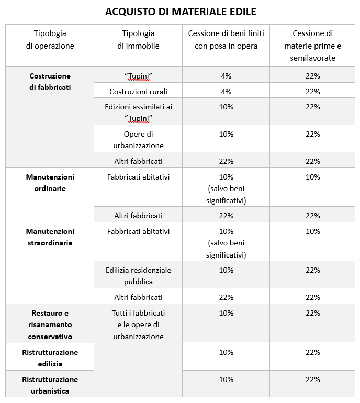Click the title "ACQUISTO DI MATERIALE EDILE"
181,11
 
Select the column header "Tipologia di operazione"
50,40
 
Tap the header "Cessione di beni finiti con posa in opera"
226,40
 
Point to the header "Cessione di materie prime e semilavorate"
312,46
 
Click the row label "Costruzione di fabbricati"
50,82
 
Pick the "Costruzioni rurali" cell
138,92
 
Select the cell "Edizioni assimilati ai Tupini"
138,112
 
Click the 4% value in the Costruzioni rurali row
226,92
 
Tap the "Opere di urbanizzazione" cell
138,140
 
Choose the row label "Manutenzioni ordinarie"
50,183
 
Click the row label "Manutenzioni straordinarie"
50,237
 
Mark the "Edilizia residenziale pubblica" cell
138,276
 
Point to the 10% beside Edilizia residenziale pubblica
226,270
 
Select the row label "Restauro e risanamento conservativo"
50,325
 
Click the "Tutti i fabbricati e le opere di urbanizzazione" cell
138,325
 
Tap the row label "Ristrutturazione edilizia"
50,358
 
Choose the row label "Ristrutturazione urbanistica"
50,385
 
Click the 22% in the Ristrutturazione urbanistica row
312,379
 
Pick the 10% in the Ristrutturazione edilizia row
226,352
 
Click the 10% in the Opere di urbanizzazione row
226,134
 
